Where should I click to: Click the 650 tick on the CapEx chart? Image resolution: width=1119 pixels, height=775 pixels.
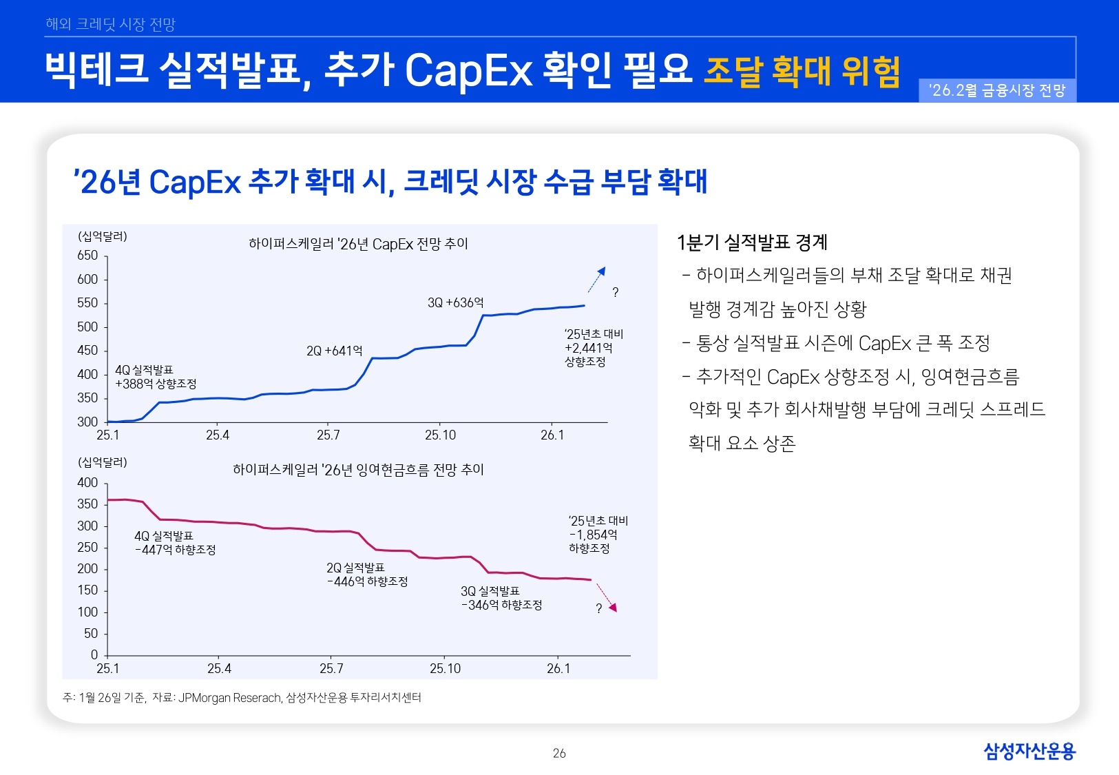(x=87, y=256)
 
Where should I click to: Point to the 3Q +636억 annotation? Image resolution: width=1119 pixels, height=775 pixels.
(x=455, y=303)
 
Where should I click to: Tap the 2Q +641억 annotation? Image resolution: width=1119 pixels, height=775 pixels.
(x=334, y=351)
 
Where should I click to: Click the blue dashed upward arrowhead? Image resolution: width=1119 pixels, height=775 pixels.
(x=601, y=271)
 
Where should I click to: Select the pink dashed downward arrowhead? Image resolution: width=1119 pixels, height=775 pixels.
(x=613, y=607)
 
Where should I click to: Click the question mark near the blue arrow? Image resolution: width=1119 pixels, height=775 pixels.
(x=615, y=293)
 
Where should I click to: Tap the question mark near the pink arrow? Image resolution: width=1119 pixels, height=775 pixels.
(x=598, y=608)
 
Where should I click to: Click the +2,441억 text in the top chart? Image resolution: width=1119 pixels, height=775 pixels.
(x=588, y=348)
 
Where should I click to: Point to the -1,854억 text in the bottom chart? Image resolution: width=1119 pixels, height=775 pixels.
(x=593, y=535)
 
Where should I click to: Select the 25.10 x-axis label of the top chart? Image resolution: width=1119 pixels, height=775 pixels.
(x=440, y=435)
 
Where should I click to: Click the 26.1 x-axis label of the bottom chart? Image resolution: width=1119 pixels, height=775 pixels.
(x=558, y=669)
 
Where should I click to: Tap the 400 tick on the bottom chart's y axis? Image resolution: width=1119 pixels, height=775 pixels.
(x=87, y=483)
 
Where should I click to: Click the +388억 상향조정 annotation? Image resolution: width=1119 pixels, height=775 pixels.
(x=156, y=384)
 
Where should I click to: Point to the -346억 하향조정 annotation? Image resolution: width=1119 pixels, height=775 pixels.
(x=501, y=606)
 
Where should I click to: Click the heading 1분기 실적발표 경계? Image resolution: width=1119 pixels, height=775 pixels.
(x=752, y=242)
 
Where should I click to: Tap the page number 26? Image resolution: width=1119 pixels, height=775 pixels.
(x=559, y=754)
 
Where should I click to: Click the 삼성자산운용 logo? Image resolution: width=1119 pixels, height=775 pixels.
(x=1029, y=751)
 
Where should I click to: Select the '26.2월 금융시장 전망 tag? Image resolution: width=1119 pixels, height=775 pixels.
(x=996, y=91)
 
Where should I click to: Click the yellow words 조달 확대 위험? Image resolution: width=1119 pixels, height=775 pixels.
(x=802, y=72)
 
